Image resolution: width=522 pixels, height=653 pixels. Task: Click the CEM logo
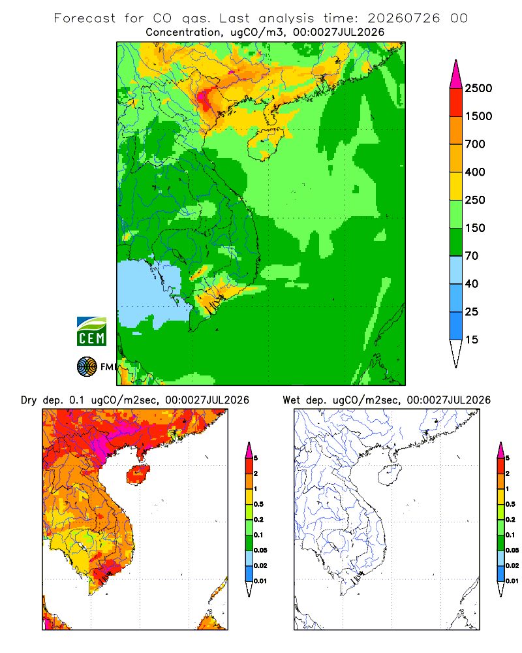91,332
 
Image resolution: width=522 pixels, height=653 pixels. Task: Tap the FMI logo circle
87,367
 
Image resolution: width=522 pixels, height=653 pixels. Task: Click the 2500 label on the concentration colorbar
478,88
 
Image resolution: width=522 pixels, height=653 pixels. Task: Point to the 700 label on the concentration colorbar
475,144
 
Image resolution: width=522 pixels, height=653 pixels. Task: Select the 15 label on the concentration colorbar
472,340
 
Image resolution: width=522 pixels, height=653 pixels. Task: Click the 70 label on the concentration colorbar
472,256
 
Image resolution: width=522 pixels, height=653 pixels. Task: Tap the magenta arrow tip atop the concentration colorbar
456,74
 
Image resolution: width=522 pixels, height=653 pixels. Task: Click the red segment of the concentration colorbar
456,103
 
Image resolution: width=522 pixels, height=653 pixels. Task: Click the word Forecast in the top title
85,18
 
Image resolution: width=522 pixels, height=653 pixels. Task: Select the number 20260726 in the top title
403,18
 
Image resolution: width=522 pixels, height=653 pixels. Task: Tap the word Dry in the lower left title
29,400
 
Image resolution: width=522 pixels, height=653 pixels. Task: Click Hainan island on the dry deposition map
138,475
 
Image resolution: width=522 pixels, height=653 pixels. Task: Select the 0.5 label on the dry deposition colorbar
258,504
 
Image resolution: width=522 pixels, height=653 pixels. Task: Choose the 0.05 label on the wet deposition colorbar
512,550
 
